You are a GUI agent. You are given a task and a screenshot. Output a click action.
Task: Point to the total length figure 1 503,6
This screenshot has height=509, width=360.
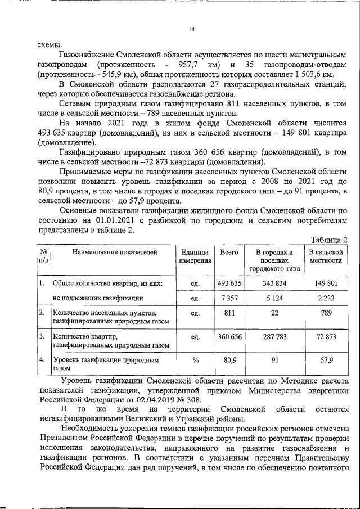[x=306, y=74]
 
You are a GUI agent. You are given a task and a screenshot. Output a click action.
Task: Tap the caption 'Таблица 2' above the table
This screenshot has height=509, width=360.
[x=330, y=240]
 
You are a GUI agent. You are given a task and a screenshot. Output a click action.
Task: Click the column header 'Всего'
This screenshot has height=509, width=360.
[x=229, y=253]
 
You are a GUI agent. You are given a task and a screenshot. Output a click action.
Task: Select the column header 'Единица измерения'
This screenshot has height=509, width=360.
[x=195, y=256]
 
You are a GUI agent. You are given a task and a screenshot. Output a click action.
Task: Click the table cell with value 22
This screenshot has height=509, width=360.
[x=275, y=313]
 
